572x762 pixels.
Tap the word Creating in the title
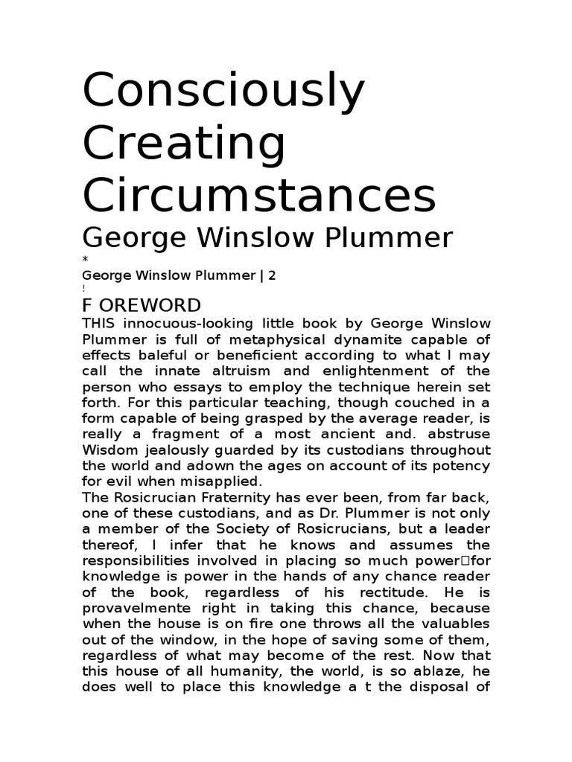[x=184, y=146]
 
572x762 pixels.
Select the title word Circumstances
[x=258, y=194]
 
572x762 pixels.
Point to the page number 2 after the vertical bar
[x=273, y=275]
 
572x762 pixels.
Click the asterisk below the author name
[x=85, y=258]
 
